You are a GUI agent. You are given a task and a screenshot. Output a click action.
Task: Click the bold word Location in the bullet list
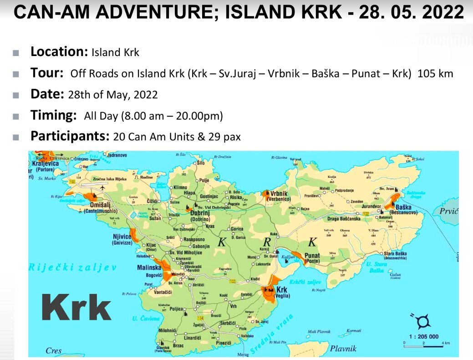(x=59, y=51)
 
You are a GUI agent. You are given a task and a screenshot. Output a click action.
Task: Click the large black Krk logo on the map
(x=76, y=309)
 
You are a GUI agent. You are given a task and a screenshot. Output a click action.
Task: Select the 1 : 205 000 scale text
(x=423, y=336)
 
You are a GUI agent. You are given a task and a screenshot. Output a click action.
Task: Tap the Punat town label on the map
(x=312, y=256)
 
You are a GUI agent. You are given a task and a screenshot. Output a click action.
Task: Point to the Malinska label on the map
(x=149, y=268)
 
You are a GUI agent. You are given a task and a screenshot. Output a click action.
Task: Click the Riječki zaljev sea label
(x=72, y=267)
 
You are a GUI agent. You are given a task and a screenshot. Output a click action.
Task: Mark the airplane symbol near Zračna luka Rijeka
(x=103, y=188)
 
